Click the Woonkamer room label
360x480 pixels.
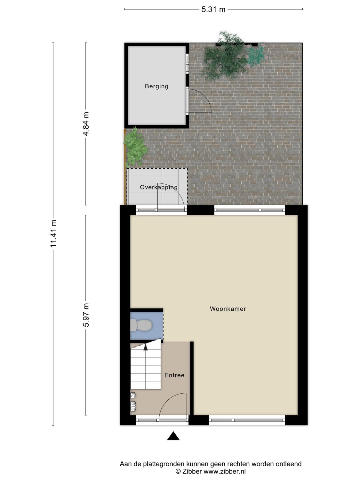click(x=228, y=309)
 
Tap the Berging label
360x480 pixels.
click(x=156, y=86)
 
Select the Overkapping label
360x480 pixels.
click(x=158, y=188)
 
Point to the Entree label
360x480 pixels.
click(x=174, y=375)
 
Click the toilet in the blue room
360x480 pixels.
click(x=141, y=326)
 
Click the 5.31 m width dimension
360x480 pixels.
click(x=213, y=10)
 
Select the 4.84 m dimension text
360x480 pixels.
click(x=86, y=124)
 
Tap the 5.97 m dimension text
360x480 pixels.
click(x=86, y=315)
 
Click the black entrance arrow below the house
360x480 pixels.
click(x=173, y=436)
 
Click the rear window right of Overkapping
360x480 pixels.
click(x=249, y=210)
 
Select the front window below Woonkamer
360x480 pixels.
click(x=247, y=420)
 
